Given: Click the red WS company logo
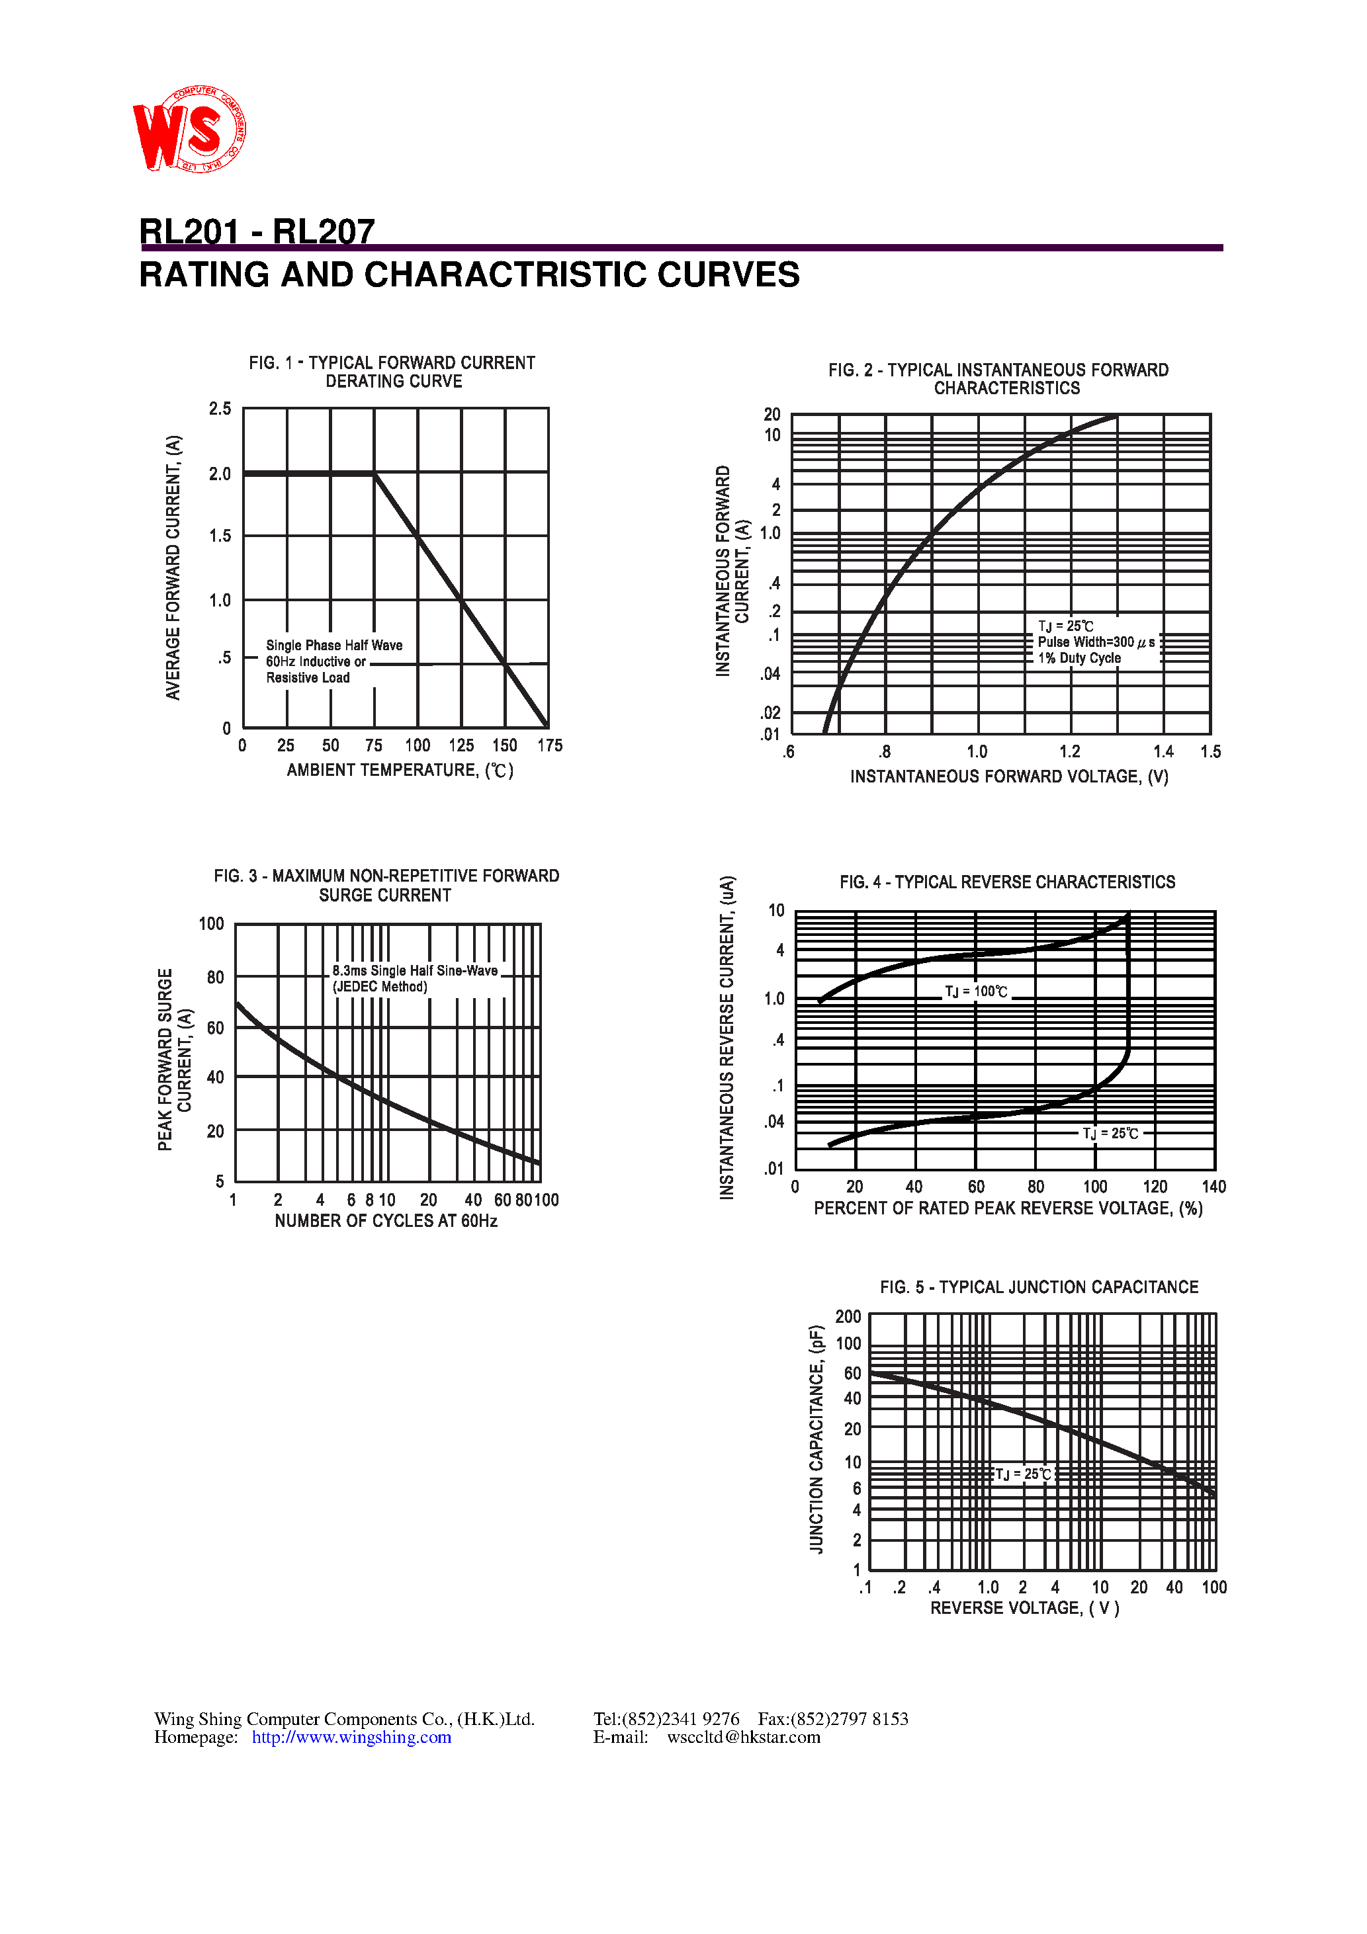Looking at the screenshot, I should [x=189, y=129].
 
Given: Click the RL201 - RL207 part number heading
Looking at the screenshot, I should [x=257, y=231].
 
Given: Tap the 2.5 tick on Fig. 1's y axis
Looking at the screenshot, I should [x=220, y=409].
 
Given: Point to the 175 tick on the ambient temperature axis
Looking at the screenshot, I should [x=549, y=745].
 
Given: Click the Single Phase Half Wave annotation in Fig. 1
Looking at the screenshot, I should [x=333, y=646].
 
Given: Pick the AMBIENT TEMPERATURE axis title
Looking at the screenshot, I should [x=400, y=770].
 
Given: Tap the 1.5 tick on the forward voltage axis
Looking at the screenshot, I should [x=1210, y=751].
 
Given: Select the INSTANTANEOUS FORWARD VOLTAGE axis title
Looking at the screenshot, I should [x=1009, y=777].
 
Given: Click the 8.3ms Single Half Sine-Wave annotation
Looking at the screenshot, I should [x=415, y=970].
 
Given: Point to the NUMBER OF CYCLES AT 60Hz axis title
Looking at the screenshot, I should [x=386, y=1220].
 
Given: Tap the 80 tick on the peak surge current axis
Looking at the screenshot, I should [x=216, y=977].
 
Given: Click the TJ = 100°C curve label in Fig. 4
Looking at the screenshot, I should [x=976, y=991].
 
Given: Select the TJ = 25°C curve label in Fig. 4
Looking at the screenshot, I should [x=1111, y=1133].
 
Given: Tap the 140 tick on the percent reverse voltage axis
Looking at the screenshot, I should [x=1213, y=1187].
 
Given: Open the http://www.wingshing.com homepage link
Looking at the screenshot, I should [x=351, y=1737].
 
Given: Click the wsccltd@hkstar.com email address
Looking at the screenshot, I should [x=743, y=1737].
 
